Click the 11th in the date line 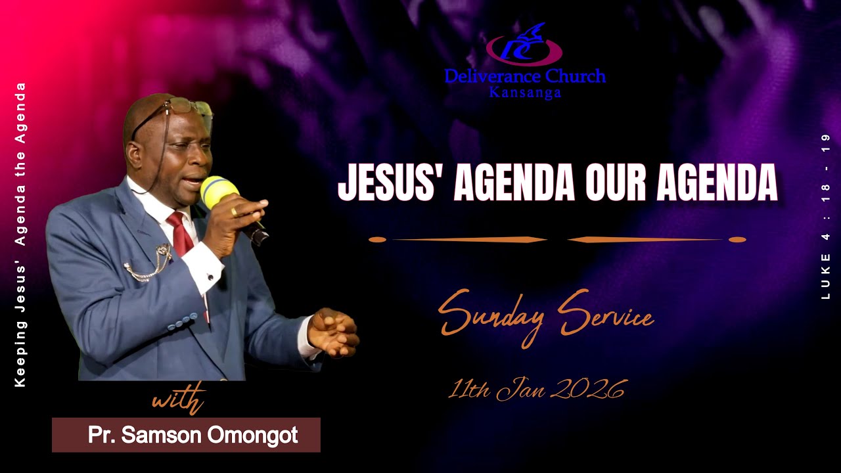(468, 390)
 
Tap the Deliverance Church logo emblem (524, 46)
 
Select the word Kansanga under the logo (525, 93)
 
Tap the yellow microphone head (219, 191)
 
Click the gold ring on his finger (234, 212)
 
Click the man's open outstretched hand (334, 332)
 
